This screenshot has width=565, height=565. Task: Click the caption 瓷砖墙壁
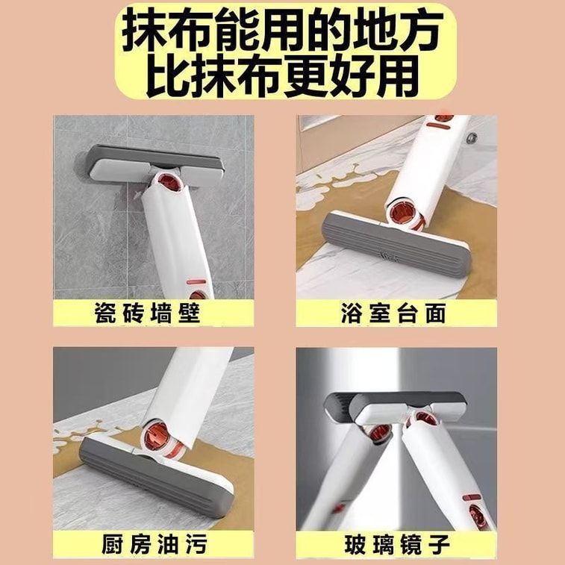pos(148,313)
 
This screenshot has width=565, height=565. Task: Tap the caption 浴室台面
pos(394,313)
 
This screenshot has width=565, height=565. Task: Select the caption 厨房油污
pos(154,543)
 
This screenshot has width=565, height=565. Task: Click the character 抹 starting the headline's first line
pos(146,31)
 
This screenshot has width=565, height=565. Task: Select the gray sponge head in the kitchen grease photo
pos(154,472)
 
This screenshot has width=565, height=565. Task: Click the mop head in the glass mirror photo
pos(395,408)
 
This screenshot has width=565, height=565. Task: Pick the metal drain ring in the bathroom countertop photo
pos(471,137)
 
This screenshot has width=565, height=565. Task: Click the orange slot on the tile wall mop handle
pos(196,282)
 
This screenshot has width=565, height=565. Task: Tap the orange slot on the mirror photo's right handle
pos(472,498)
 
